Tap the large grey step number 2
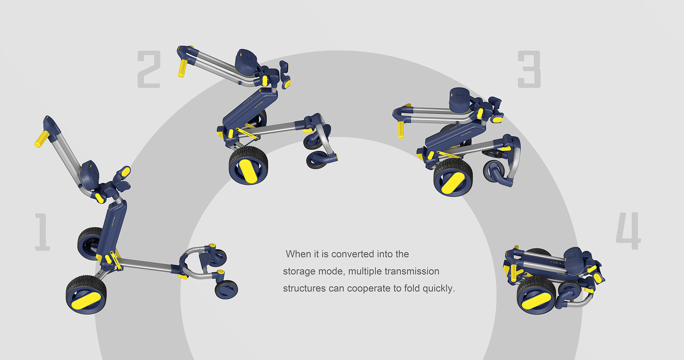coord(149,69)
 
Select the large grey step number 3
coord(529,69)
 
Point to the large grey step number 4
coord(628,231)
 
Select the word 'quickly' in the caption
coord(439,288)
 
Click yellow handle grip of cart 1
coord(42,139)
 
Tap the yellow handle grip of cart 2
coord(183,68)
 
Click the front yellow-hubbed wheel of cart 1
coord(86,295)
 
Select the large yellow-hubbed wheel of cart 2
coord(248,166)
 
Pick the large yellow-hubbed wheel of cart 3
coord(453,177)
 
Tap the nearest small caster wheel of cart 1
coord(226,289)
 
